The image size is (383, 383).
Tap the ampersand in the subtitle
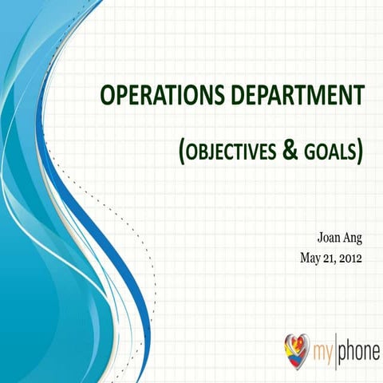point(292,149)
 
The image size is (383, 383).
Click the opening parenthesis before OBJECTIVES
point(183,151)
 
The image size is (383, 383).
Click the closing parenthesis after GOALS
point(360,151)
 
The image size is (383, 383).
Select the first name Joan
point(330,238)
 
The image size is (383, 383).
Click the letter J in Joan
point(320,238)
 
